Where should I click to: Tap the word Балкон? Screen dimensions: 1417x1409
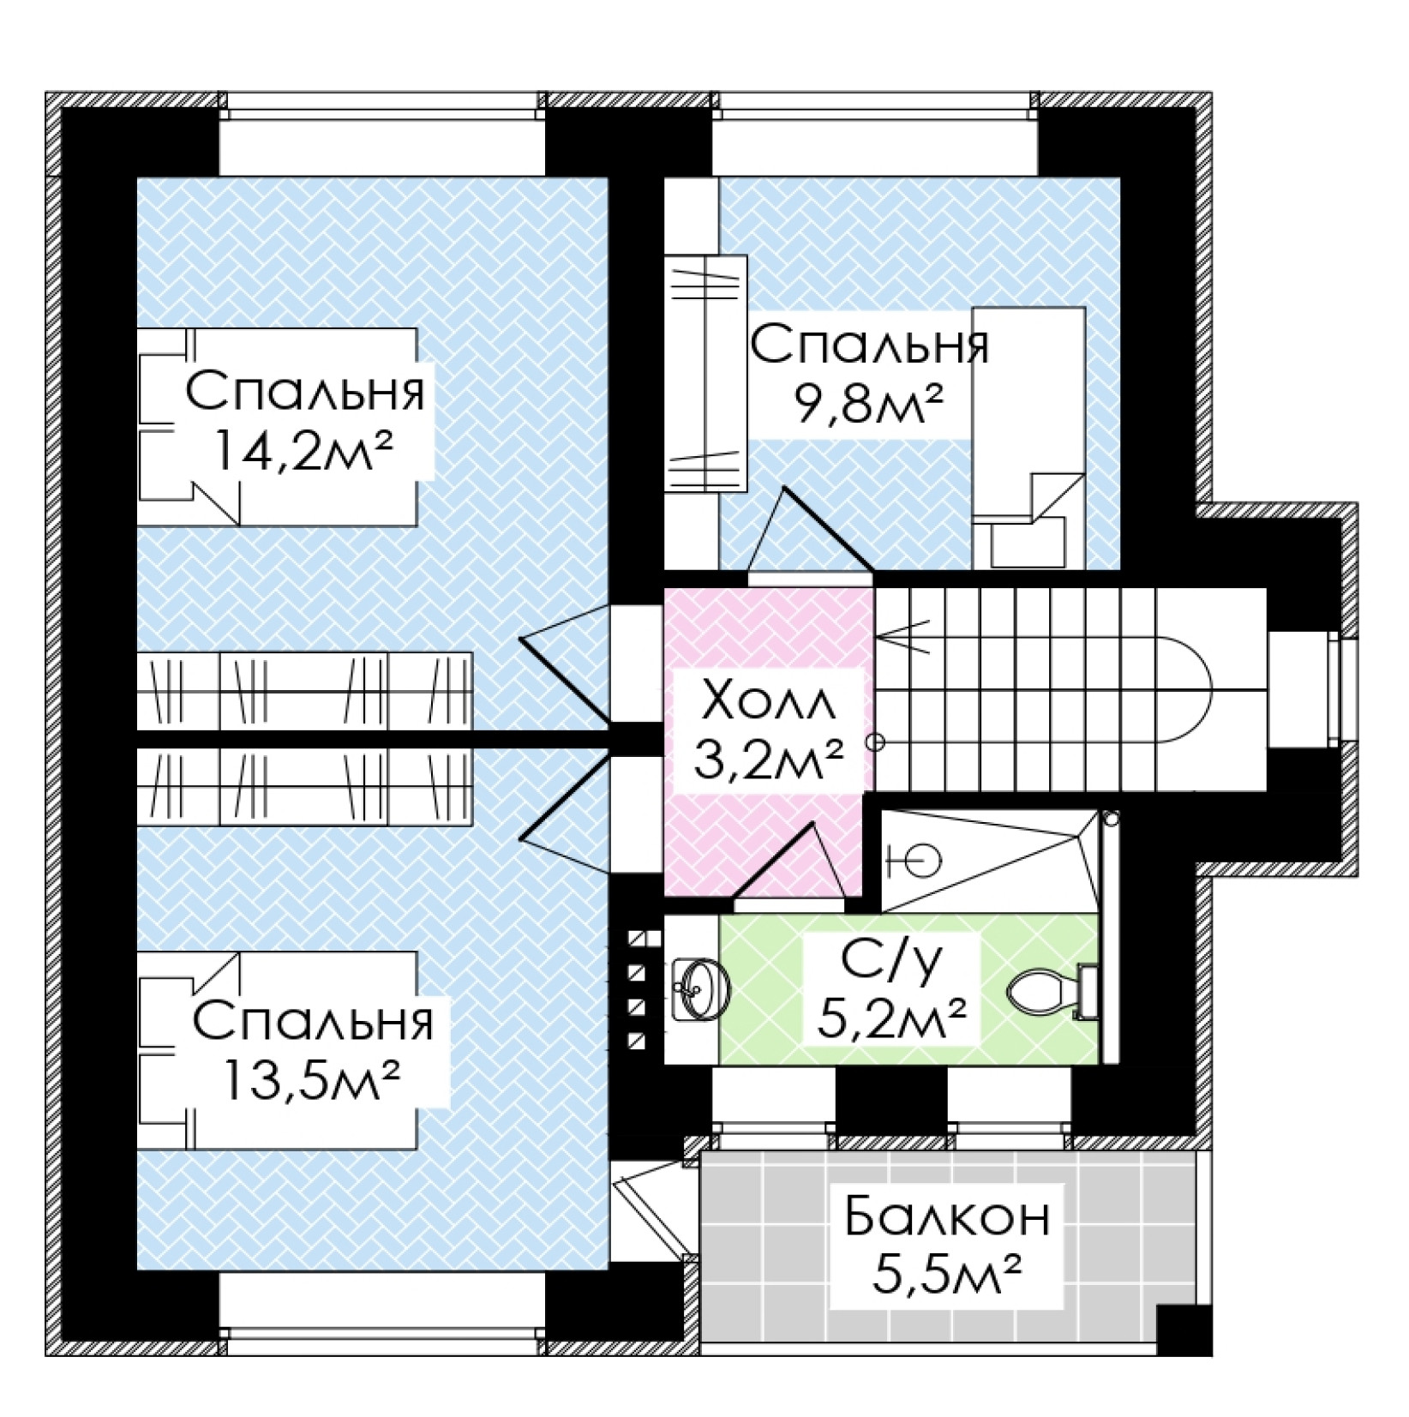coord(946,1217)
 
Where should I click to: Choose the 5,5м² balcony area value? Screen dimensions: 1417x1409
coord(946,1276)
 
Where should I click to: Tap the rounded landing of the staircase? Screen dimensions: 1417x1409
coord(1187,689)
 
